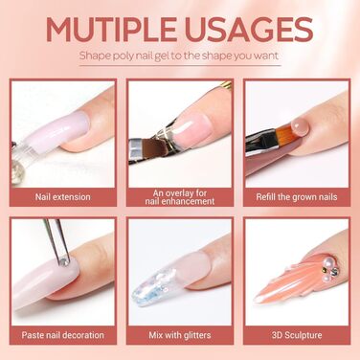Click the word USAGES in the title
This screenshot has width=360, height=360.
point(248,30)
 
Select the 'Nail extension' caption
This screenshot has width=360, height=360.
point(63,196)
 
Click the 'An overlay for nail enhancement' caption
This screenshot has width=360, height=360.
point(180,197)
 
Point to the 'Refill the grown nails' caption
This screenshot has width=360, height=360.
point(297,196)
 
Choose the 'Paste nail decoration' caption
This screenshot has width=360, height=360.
point(63,335)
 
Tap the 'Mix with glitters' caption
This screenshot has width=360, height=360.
point(180,335)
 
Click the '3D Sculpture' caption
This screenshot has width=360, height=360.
point(297,335)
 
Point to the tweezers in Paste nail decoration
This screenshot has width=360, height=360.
point(56,239)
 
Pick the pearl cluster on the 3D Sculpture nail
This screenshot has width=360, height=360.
point(329,267)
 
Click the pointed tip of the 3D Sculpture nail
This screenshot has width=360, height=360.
point(256,300)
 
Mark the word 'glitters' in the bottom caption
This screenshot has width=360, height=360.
point(196,335)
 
